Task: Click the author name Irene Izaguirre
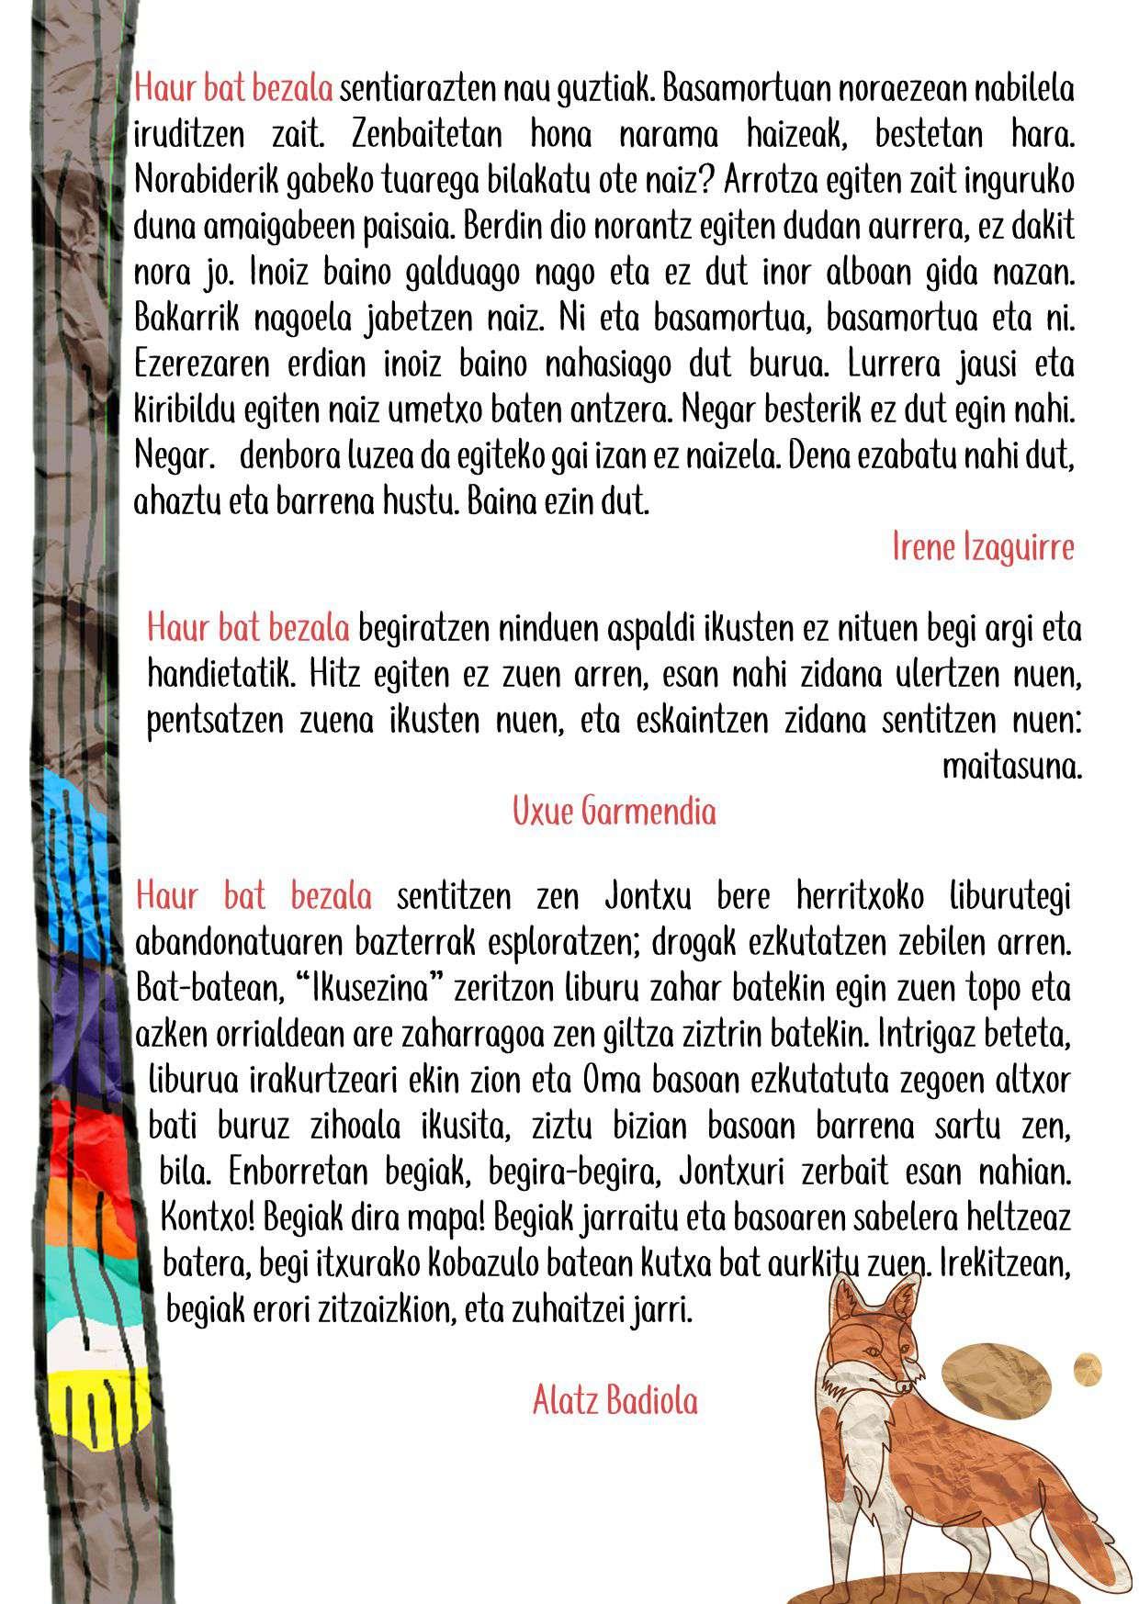[x=983, y=548]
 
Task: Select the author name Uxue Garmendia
[x=614, y=812]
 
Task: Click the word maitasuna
[x=1012, y=767]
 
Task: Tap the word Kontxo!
[x=208, y=1218]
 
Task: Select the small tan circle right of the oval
[x=1088, y=1368]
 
